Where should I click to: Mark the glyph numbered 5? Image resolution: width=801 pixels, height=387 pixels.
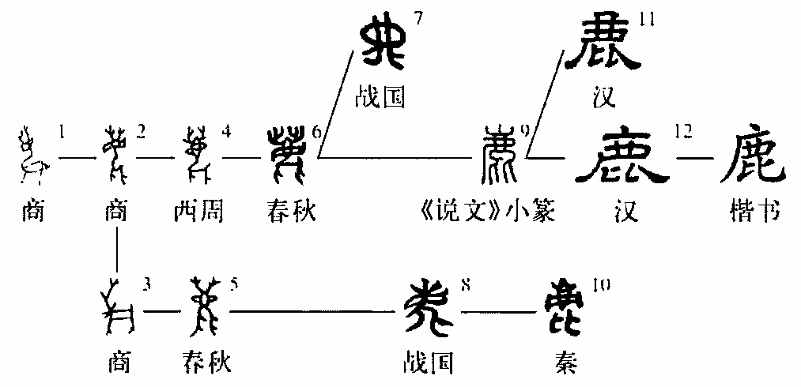[204, 309]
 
